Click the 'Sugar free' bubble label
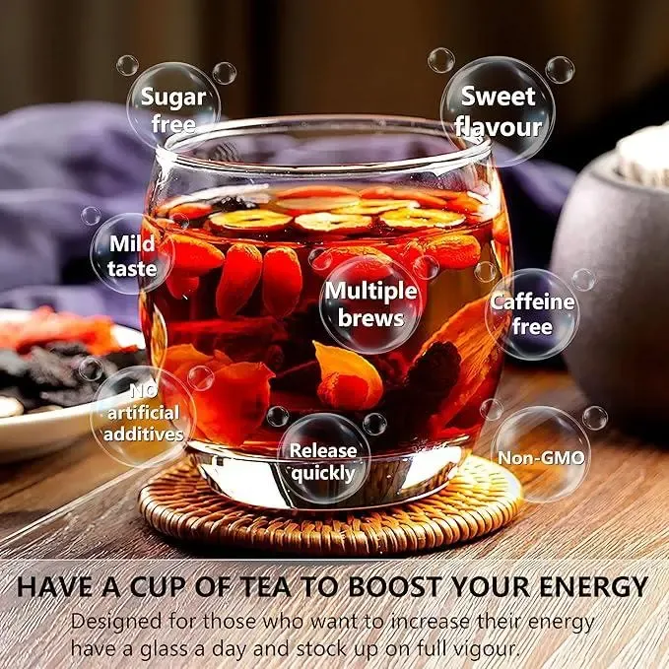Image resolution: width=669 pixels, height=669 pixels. pyautogui.click(x=173, y=110)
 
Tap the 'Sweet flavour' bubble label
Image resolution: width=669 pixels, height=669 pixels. pyautogui.click(x=498, y=111)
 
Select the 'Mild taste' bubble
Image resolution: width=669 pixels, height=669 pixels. pyautogui.click(x=132, y=255)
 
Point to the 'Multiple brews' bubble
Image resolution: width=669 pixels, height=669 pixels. pyautogui.click(x=370, y=304)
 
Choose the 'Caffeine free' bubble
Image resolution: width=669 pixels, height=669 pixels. pyautogui.click(x=532, y=314)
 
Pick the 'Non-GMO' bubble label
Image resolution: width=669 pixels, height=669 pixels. pyautogui.click(x=541, y=458)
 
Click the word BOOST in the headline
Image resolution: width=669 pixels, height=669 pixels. pyautogui.click(x=395, y=586)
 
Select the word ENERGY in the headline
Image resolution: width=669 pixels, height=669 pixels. pyautogui.click(x=593, y=586)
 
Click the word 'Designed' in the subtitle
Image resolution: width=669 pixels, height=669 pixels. pyautogui.click(x=116, y=621)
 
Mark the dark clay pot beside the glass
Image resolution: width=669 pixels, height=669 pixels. pyautogui.click(x=611, y=282)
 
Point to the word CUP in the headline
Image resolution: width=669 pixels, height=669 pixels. pyautogui.click(x=160, y=586)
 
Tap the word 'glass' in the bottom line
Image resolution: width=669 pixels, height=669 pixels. pyautogui.click(x=165, y=650)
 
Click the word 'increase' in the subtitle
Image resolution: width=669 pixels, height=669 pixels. pyautogui.click(x=430, y=621)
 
